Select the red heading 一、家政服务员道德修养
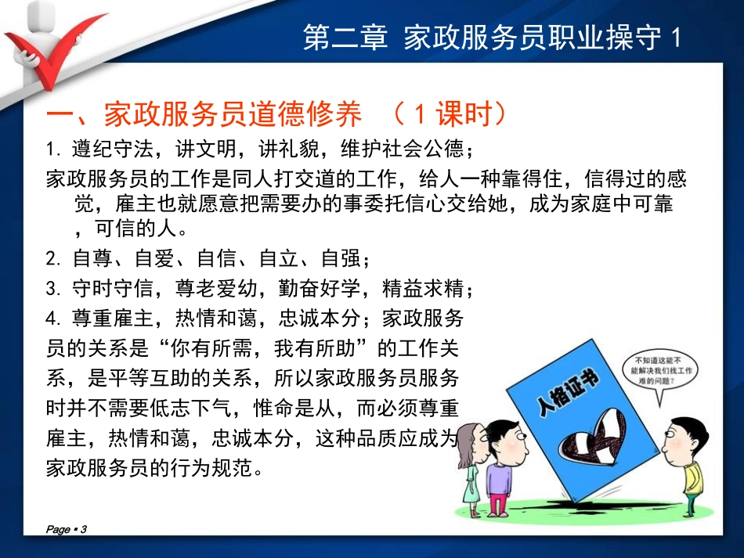pyautogui.click(x=204, y=116)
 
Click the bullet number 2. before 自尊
pyautogui.click(x=52, y=258)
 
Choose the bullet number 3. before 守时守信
pyautogui.click(x=52, y=290)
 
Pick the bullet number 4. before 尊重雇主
pyautogui.click(x=52, y=319)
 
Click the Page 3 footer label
pyautogui.click(x=67, y=530)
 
